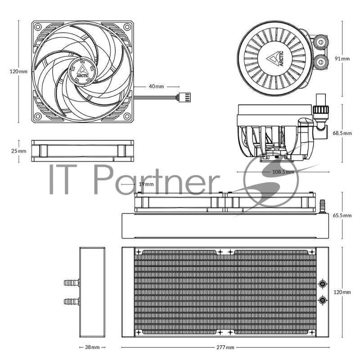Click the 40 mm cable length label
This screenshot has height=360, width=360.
coord(157,86)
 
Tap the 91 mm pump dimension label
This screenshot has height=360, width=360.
coord(342,58)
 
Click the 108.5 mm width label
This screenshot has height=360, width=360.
coord(283,172)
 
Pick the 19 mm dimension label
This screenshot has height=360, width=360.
coord(146,184)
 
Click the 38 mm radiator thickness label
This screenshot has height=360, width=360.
coord(92,347)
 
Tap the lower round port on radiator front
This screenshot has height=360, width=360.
coord(323,300)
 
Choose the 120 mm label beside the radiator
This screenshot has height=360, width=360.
coord(342,292)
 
